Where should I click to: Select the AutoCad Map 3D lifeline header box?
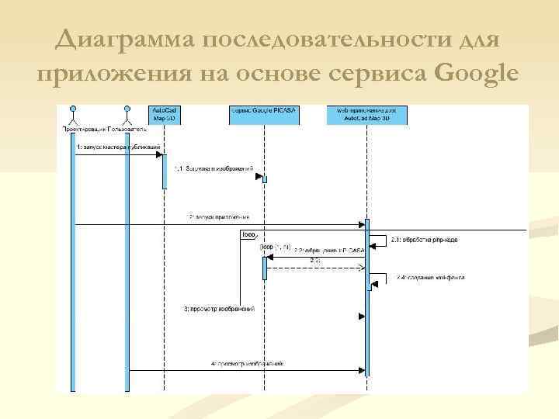(164, 115)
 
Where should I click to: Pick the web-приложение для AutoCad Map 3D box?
(367, 115)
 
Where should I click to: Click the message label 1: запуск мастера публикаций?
(118, 146)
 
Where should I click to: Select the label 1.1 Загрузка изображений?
(214, 168)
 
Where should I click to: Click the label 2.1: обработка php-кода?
(424, 240)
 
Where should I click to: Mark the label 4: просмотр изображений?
(247, 362)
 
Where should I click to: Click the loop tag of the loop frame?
(249, 234)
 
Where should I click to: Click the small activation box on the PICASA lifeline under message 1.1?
(264, 179)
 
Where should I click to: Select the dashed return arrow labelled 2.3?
(314, 268)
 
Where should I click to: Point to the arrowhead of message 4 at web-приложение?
(361, 370)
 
